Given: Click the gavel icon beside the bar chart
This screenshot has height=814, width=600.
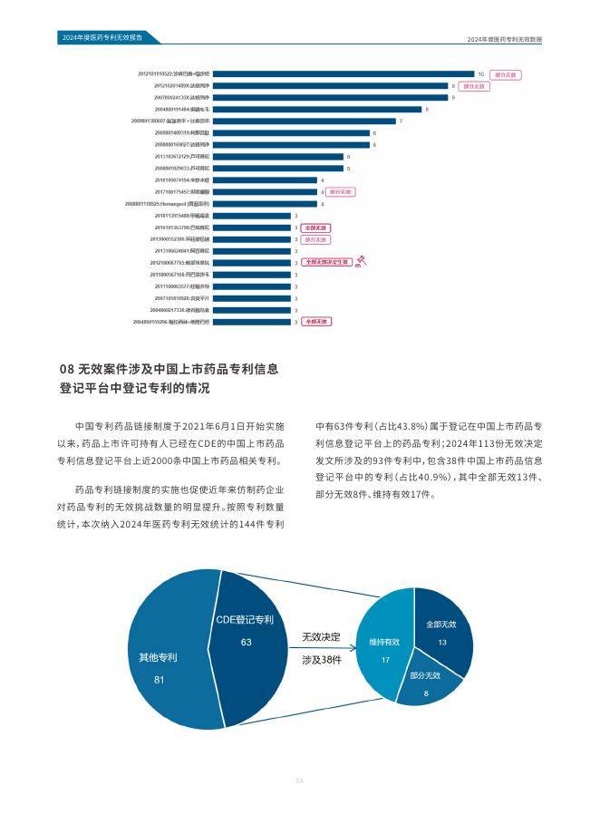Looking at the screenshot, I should coord(360,262).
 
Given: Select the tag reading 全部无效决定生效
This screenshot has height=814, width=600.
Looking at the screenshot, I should coord(325,262).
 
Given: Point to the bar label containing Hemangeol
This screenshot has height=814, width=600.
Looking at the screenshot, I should coord(177,204).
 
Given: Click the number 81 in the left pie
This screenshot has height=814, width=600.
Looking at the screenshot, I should coord(159,680).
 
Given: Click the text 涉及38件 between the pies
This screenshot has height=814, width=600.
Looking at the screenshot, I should coord(322,661).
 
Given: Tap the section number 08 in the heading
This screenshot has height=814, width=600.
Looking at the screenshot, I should coord(65,370).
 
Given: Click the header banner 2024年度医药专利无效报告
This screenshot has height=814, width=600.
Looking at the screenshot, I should coord(96,38).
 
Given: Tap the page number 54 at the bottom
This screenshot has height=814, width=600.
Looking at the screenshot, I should coord(299,781).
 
